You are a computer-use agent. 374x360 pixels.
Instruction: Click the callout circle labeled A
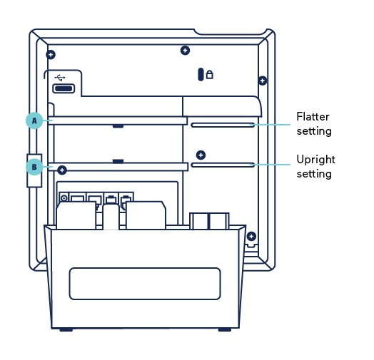tap(34, 120)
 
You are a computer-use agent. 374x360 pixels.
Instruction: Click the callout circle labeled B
tap(34, 167)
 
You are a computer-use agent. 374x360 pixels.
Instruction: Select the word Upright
tap(315, 159)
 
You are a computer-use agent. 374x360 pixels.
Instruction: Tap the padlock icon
tap(210, 74)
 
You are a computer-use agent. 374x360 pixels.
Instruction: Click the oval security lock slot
tap(201, 74)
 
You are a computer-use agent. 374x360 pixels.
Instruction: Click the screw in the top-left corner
tap(50, 55)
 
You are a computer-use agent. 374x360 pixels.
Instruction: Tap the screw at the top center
tap(185, 50)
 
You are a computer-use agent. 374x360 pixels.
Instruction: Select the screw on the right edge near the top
tap(262, 81)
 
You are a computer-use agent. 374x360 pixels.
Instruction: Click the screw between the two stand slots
tap(201, 155)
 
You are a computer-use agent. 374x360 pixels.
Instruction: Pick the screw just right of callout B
tap(63, 170)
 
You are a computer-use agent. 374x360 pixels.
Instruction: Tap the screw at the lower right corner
tap(251, 236)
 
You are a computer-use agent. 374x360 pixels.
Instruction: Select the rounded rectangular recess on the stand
tap(144, 283)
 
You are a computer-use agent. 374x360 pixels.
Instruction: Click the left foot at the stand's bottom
tap(66, 329)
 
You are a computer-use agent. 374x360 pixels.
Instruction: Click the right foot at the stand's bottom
tap(224, 329)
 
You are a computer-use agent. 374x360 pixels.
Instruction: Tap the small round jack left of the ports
tap(64, 197)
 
